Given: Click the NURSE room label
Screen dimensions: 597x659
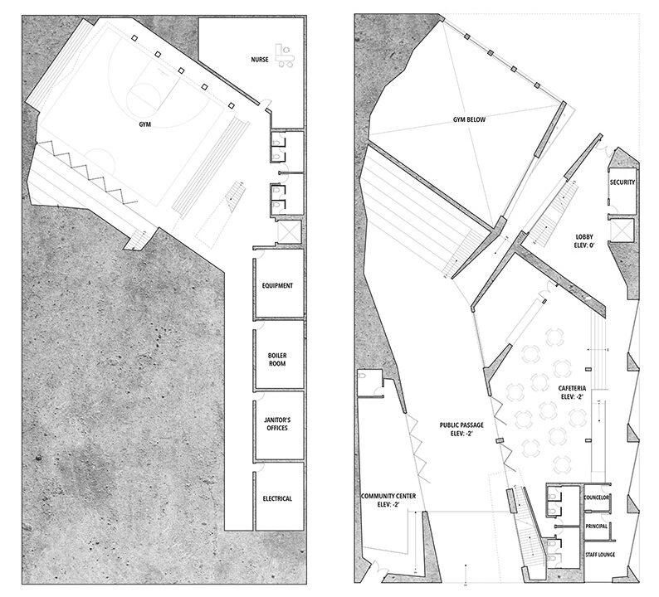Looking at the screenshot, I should tap(262, 61).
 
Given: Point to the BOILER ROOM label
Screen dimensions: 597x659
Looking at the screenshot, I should tap(276, 357).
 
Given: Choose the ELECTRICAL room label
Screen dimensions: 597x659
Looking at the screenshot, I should tap(276, 498).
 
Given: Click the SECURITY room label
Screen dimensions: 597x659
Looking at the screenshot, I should tap(622, 182).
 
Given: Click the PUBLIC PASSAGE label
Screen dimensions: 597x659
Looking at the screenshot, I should tap(461, 430).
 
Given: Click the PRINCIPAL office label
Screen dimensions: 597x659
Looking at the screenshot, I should tap(596, 527).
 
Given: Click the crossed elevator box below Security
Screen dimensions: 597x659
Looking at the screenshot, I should tap(622, 230).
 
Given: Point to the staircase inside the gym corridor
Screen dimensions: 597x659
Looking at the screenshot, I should tap(236, 198).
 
